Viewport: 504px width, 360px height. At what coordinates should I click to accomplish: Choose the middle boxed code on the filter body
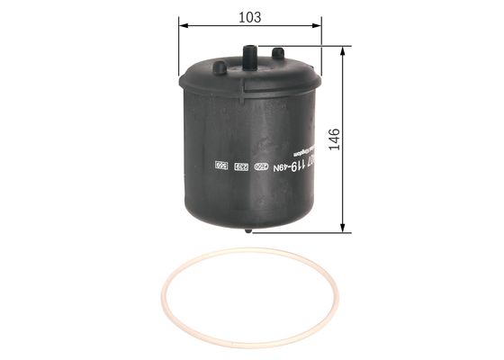[239, 166]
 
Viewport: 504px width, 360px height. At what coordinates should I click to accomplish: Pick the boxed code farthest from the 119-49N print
[220, 166]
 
